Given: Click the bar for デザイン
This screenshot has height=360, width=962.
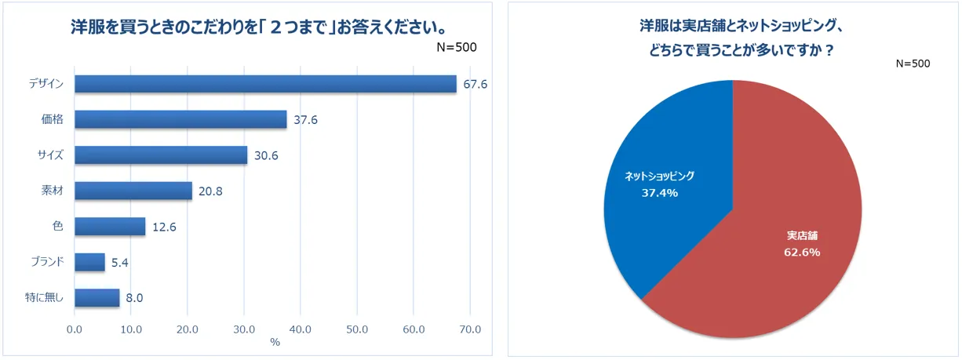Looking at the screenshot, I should click(265, 84).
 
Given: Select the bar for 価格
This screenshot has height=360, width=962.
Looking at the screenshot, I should click(180, 119).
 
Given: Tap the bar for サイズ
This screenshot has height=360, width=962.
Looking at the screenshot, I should click(161, 155).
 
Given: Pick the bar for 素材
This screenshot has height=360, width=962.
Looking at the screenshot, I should click(133, 191).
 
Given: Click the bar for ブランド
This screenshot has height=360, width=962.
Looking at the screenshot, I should click(89, 262).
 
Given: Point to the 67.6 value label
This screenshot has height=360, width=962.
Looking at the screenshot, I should click(476, 84).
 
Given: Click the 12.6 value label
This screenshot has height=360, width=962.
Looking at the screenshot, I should click(165, 227).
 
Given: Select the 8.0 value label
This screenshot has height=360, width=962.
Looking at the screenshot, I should click(134, 298).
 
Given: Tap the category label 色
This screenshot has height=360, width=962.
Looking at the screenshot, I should click(57, 227).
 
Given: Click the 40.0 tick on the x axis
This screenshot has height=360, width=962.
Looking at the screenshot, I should click(300, 329).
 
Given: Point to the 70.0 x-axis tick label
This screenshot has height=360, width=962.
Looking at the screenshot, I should click(469, 329).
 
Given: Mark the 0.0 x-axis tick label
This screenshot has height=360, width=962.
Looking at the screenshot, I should click(75, 329).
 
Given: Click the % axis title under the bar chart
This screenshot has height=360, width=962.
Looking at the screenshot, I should click(275, 343).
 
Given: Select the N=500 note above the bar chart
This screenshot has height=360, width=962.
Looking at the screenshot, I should click(456, 47).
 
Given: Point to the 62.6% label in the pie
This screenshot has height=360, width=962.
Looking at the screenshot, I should click(802, 252).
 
